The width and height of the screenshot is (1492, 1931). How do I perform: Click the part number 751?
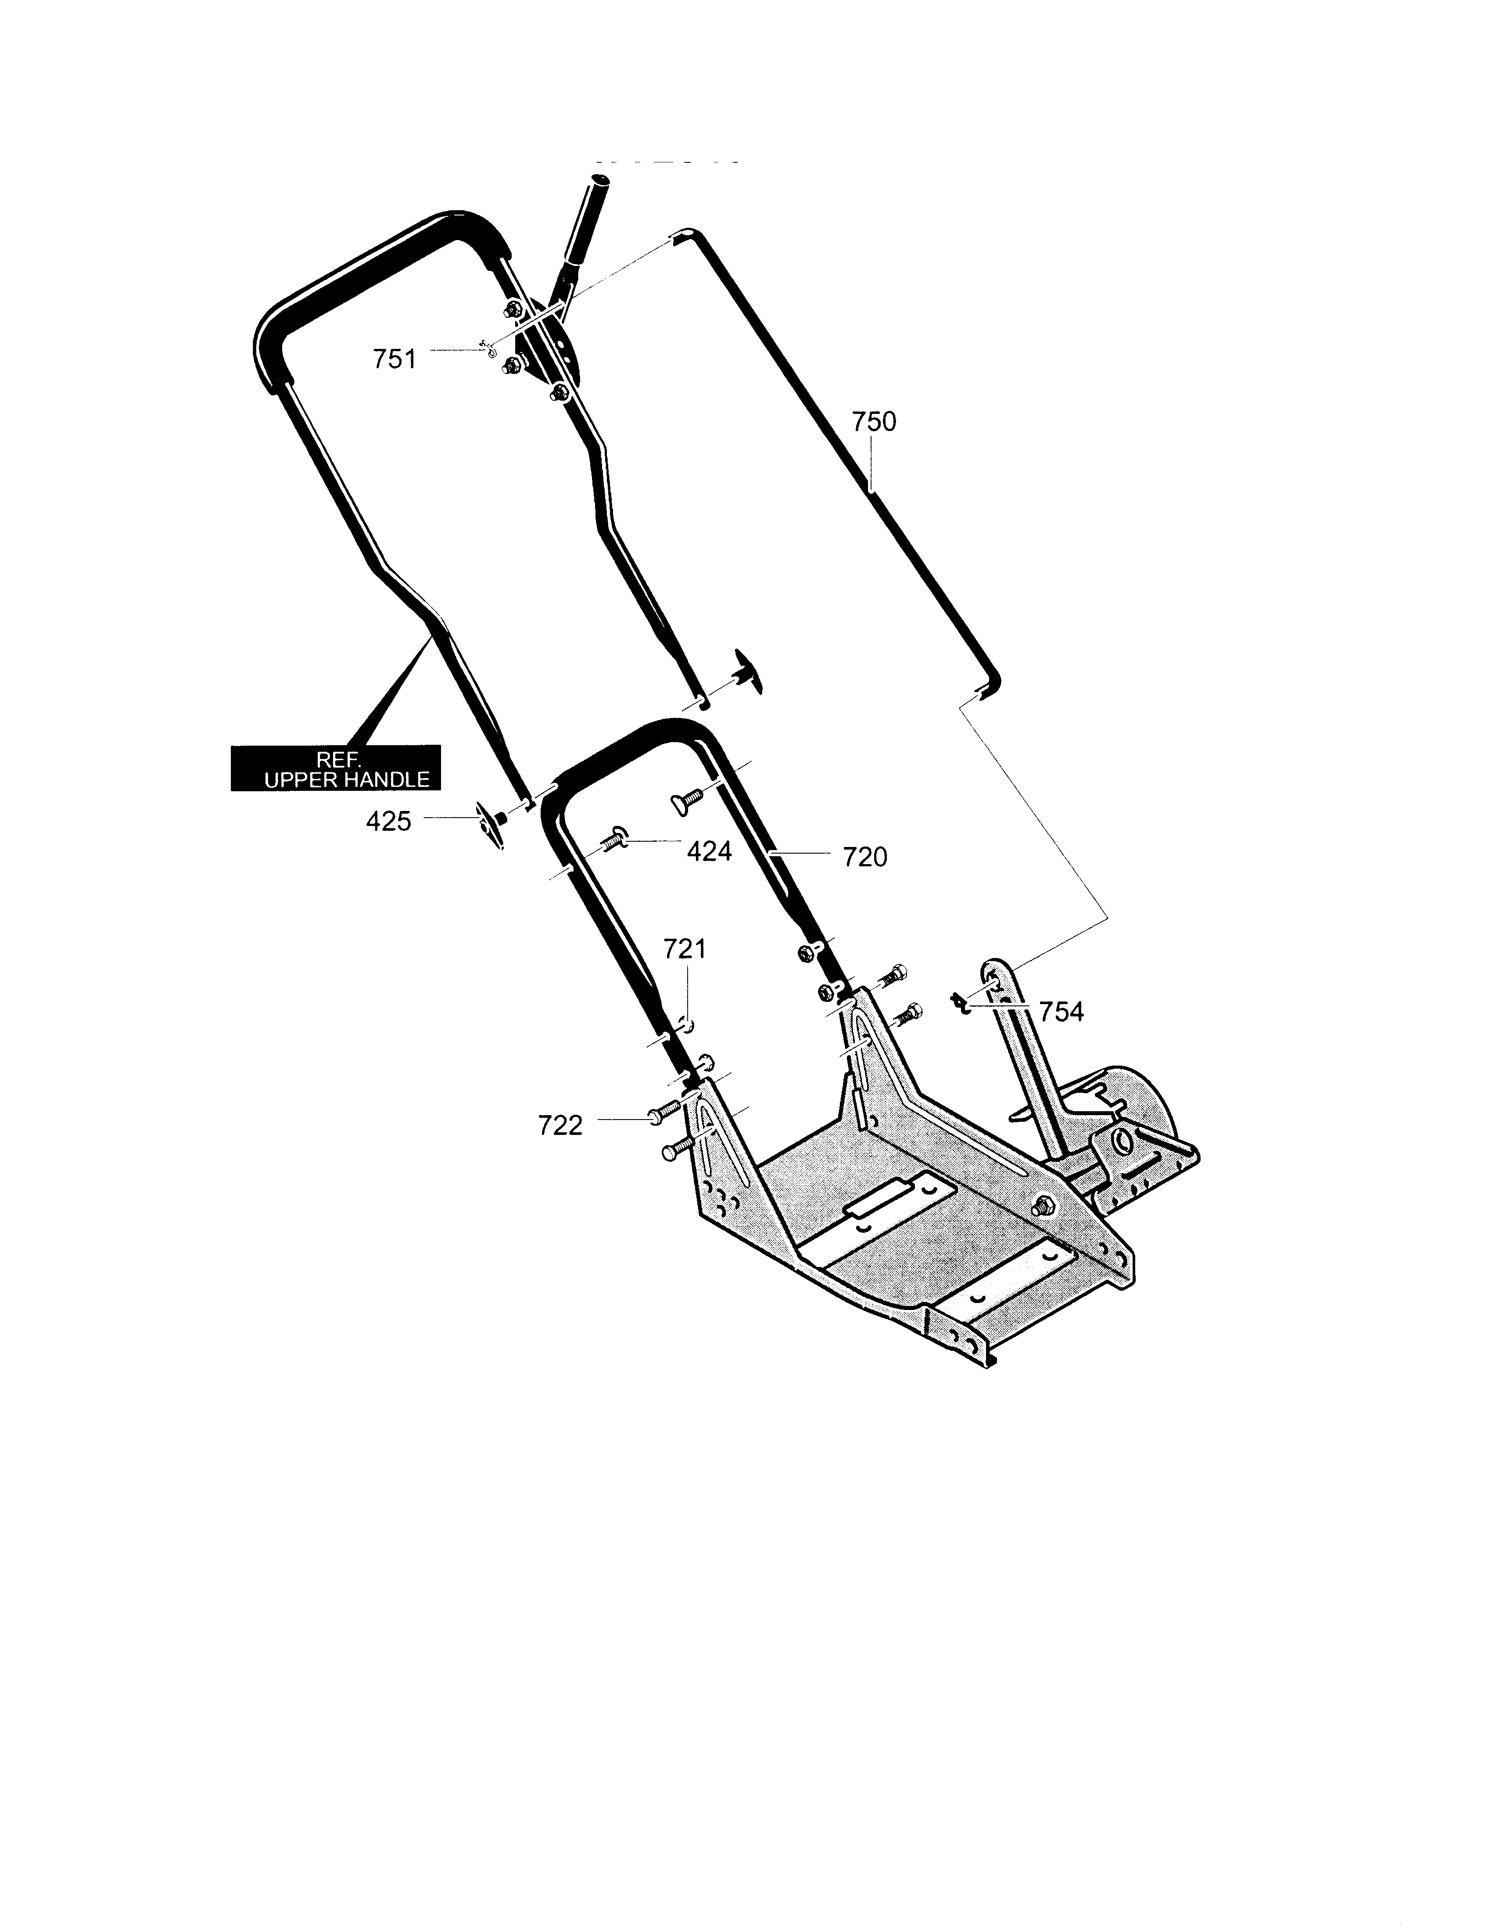(394, 360)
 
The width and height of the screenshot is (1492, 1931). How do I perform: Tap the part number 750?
(874, 422)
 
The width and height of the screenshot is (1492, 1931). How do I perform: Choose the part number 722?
(560, 1126)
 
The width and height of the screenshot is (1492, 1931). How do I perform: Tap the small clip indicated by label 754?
(959, 1003)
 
